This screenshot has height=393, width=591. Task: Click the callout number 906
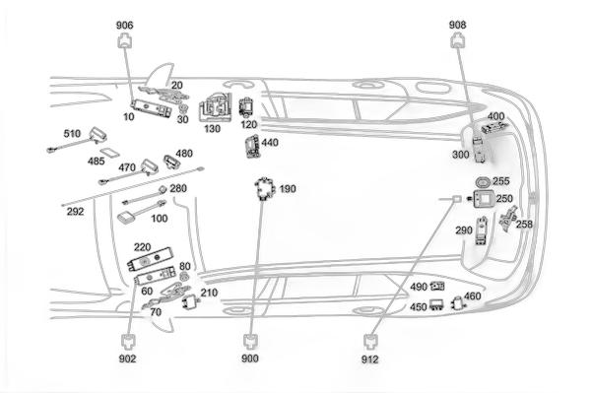tap(124, 26)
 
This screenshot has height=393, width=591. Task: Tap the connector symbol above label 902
tap(128, 342)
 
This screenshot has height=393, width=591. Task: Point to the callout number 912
tap(369, 360)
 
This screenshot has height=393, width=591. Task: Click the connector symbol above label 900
tap(250, 342)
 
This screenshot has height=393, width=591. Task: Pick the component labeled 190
tap(264, 188)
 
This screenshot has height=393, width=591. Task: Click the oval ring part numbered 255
tap(483, 182)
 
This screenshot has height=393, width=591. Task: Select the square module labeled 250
tap(484, 199)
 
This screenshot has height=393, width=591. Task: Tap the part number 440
tap(270, 143)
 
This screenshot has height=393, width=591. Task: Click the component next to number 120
tap(246, 107)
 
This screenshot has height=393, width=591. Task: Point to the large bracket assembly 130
tap(215, 107)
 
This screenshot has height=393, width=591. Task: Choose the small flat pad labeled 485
tap(110, 153)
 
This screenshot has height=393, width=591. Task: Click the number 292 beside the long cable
tap(76, 212)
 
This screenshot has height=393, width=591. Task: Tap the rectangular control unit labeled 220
tap(150, 259)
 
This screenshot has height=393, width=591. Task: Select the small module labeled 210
tap(191, 301)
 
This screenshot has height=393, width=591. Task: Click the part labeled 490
tap(437, 287)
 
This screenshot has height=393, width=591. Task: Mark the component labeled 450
tap(436, 304)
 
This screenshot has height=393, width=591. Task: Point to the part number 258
tap(524, 225)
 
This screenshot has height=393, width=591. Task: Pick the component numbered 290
tap(482, 230)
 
